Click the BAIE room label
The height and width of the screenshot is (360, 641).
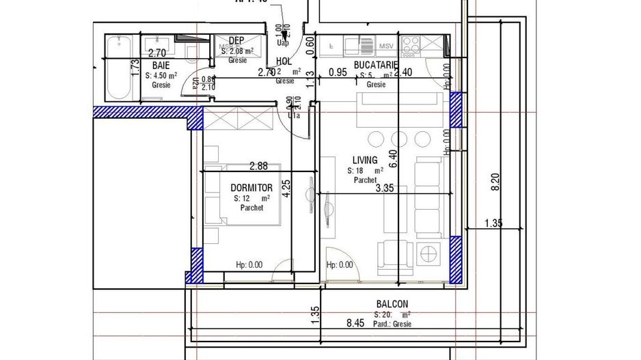[161, 66]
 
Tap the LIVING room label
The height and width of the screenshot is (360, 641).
[365, 160]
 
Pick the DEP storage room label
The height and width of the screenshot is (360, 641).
[236, 40]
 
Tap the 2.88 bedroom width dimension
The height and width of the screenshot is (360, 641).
[258, 166]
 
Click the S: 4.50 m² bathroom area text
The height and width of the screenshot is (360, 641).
[161, 77]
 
